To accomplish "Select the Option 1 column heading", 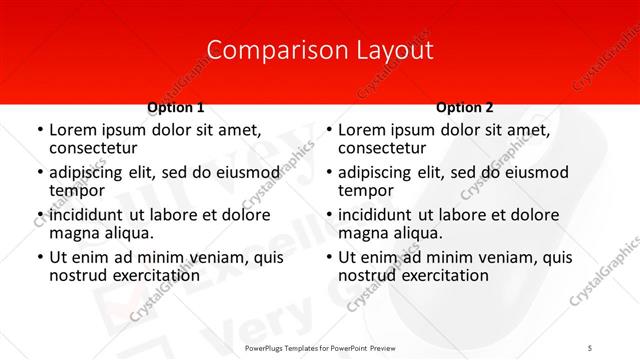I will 176,108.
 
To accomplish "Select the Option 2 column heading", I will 465,108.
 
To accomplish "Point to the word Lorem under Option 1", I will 72,130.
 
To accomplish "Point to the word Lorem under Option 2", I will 361,130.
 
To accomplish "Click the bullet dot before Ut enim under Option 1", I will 39,258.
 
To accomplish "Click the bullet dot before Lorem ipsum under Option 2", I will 328,131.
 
